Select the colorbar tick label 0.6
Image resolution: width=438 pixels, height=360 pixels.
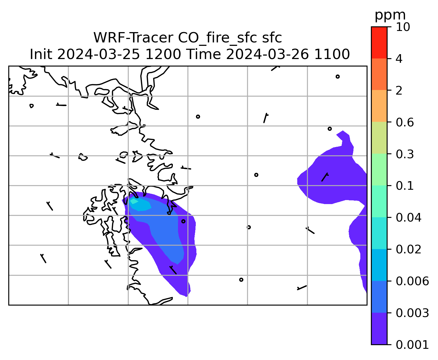tap(404, 122)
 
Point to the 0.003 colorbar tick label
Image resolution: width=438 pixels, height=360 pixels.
tap(412, 313)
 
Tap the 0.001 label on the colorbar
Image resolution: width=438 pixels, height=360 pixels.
tap(412, 345)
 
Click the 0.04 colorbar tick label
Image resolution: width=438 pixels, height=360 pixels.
tap(408, 218)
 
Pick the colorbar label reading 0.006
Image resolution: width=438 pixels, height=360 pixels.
tap(412, 281)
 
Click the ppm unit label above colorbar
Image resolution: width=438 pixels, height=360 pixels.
tap(390, 15)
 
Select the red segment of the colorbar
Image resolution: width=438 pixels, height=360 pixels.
tap(379, 42)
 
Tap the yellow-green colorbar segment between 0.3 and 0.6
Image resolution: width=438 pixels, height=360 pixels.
tap(379, 138)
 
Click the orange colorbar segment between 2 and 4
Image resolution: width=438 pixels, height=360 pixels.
tap(379, 74)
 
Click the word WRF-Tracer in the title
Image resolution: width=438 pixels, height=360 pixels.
tap(133, 38)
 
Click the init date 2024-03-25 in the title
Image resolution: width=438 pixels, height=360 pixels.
tap(98, 54)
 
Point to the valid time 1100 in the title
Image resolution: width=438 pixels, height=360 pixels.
tap(332, 54)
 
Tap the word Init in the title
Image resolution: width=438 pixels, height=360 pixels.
tap(41, 54)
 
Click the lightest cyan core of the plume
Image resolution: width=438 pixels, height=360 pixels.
tap(134, 201)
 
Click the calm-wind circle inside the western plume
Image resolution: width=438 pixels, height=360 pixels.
tap(183, 221)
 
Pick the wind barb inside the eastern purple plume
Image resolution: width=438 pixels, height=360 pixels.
tap(324, 177)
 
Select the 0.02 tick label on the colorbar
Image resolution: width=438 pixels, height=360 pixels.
tap(408, 249)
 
